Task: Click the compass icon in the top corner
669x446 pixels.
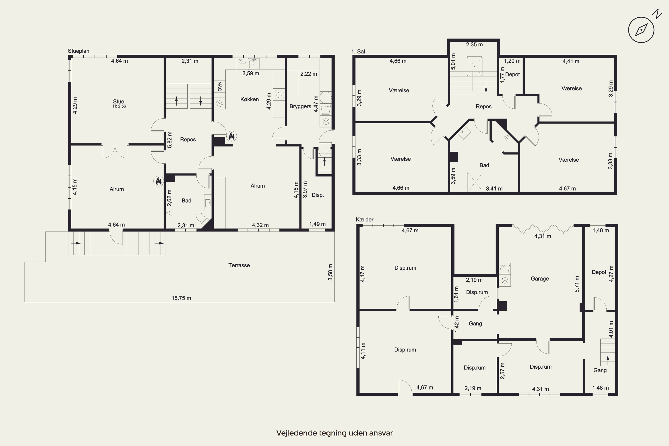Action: click(641, 30)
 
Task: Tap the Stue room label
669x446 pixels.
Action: click(119, 101)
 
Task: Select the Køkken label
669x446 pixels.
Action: click(250, 99)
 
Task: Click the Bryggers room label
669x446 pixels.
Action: click(300, 106)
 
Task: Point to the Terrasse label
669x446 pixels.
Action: click(239, 265)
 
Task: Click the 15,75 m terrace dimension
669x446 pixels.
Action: click(181, 298)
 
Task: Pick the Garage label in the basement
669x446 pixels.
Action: click(540, 279)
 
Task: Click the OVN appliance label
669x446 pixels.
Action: click(220, 87)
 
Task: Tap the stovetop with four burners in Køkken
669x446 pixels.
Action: click(279, 94)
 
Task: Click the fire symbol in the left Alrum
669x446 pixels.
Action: click(158, 181)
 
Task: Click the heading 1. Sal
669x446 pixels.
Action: click(358, 52)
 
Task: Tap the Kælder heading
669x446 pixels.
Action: click(365, 220)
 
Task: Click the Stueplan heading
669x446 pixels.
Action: click(78, 51)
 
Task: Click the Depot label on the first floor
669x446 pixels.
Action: click(512, 74)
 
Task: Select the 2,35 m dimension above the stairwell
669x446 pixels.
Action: click(474, 44)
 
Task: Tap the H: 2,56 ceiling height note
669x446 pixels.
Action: click(120, 106)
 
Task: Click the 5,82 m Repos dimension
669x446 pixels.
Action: click(169, 140)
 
